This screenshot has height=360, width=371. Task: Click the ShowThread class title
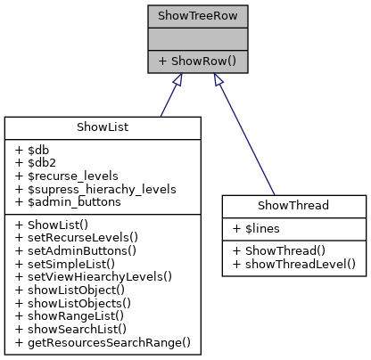(293, 205)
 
